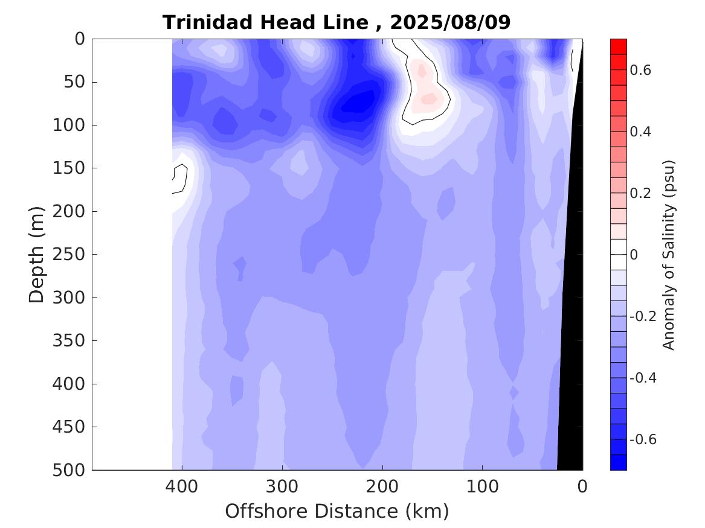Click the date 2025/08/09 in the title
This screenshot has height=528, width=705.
(x=450, y=22)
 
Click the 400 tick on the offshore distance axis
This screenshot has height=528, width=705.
(x=182, y=485)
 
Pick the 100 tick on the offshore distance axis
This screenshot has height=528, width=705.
(x=482, y=485)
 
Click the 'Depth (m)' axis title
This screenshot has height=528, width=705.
(x=37, y=254)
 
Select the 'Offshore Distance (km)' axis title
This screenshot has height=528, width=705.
(x=336, y=511)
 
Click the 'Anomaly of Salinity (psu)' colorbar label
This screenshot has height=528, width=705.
(x=668, y=255)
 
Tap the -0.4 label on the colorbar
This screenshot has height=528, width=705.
(x=642, y=378)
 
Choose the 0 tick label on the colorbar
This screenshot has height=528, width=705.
(x=634, y=255)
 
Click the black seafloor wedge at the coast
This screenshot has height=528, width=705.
(x=570, y=362)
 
